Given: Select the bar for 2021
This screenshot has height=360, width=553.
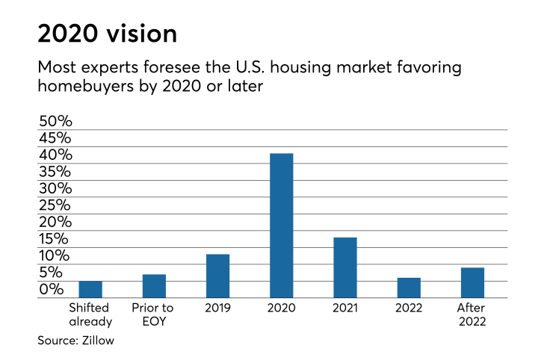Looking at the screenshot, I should click(x=345, y=267).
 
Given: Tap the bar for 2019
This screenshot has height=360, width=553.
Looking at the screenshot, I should click(x=217, y=276).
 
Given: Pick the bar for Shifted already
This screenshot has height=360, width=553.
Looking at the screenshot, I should click(x=90, y=289).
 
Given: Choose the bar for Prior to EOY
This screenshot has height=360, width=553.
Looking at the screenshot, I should click(x=154, y=286).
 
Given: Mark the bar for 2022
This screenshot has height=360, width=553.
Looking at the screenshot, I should click(x=409, y=288).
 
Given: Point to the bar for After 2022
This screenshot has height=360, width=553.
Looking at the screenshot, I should click(x=472, y=282).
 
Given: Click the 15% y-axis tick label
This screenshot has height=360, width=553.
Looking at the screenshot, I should click(x=54, y=239).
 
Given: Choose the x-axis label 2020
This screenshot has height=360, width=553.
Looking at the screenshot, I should click(x=281, y=308).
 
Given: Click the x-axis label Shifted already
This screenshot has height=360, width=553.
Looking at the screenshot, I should click(x=90, y=314).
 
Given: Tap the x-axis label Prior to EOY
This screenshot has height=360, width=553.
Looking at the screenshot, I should click(x=152, y=314).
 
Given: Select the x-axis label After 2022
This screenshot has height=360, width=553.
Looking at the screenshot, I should click(x=472, y=314).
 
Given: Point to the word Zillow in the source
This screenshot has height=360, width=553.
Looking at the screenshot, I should click(x=97, y=341).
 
